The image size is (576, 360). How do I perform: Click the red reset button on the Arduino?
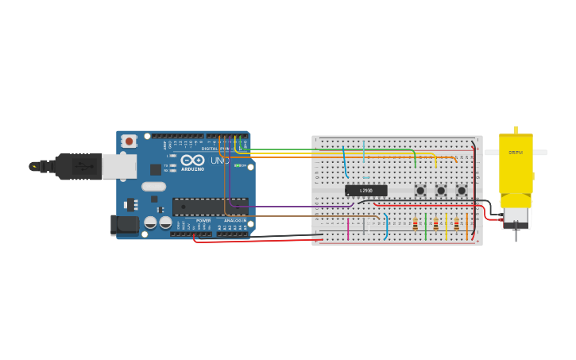[x=129, y=141]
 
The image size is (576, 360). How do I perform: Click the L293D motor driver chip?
[x=366, y=191]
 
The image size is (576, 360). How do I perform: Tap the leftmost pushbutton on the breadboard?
[x=420, y=191]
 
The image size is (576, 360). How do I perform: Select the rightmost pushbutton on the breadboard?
[x=462, y=191]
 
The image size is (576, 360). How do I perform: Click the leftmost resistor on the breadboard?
[x=415, y=224]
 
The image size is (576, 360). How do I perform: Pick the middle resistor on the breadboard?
[x=435, y=224]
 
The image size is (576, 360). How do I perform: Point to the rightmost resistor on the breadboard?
[x=456, y=224]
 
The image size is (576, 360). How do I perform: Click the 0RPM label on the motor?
[x=516, y=152]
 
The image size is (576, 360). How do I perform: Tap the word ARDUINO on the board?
[x=192, y=168]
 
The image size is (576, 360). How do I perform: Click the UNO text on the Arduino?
[x=219, y=161]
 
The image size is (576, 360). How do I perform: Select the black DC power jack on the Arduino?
[x=124, y=225]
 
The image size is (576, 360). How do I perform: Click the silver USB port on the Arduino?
[x=119, y=166]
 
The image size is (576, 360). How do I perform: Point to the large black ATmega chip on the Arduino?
[x=210, y=207]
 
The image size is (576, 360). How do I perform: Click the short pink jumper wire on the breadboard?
[x=347, y=229]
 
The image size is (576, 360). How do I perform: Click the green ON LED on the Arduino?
[x=238, y=165]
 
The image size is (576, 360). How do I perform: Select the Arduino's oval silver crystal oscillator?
[x=154, y=187]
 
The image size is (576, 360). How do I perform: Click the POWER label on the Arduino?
[x=203, y=220]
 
